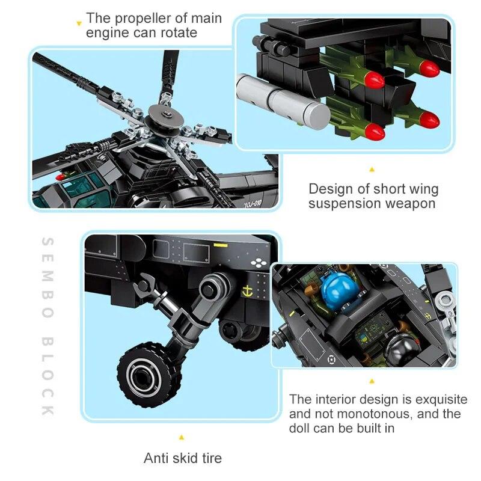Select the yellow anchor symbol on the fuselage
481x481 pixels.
(245, 292)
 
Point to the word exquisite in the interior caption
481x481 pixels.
(438, 400)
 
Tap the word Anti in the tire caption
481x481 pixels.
(156, 458)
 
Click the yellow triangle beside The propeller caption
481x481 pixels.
(78, 23)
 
